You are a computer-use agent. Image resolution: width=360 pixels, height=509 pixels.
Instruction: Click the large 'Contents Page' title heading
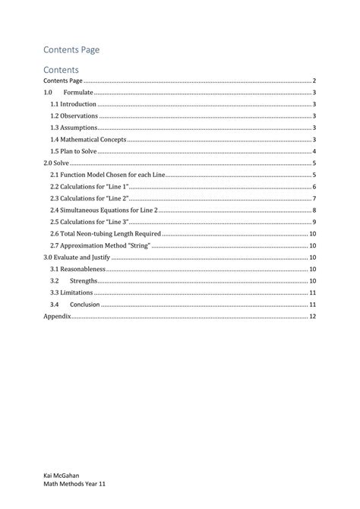71,49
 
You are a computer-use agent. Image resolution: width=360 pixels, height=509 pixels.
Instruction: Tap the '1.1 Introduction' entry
73,103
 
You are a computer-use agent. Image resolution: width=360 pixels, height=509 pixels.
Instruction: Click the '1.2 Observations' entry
74,115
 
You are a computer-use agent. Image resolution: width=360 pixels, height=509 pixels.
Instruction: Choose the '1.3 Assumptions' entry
74,128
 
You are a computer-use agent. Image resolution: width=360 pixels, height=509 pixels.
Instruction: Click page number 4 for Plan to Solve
314,151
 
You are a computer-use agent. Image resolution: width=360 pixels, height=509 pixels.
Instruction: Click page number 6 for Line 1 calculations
314,186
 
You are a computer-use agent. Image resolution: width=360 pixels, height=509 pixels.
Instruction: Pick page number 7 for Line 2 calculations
314,198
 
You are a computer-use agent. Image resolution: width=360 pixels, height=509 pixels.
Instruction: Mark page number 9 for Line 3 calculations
314,222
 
